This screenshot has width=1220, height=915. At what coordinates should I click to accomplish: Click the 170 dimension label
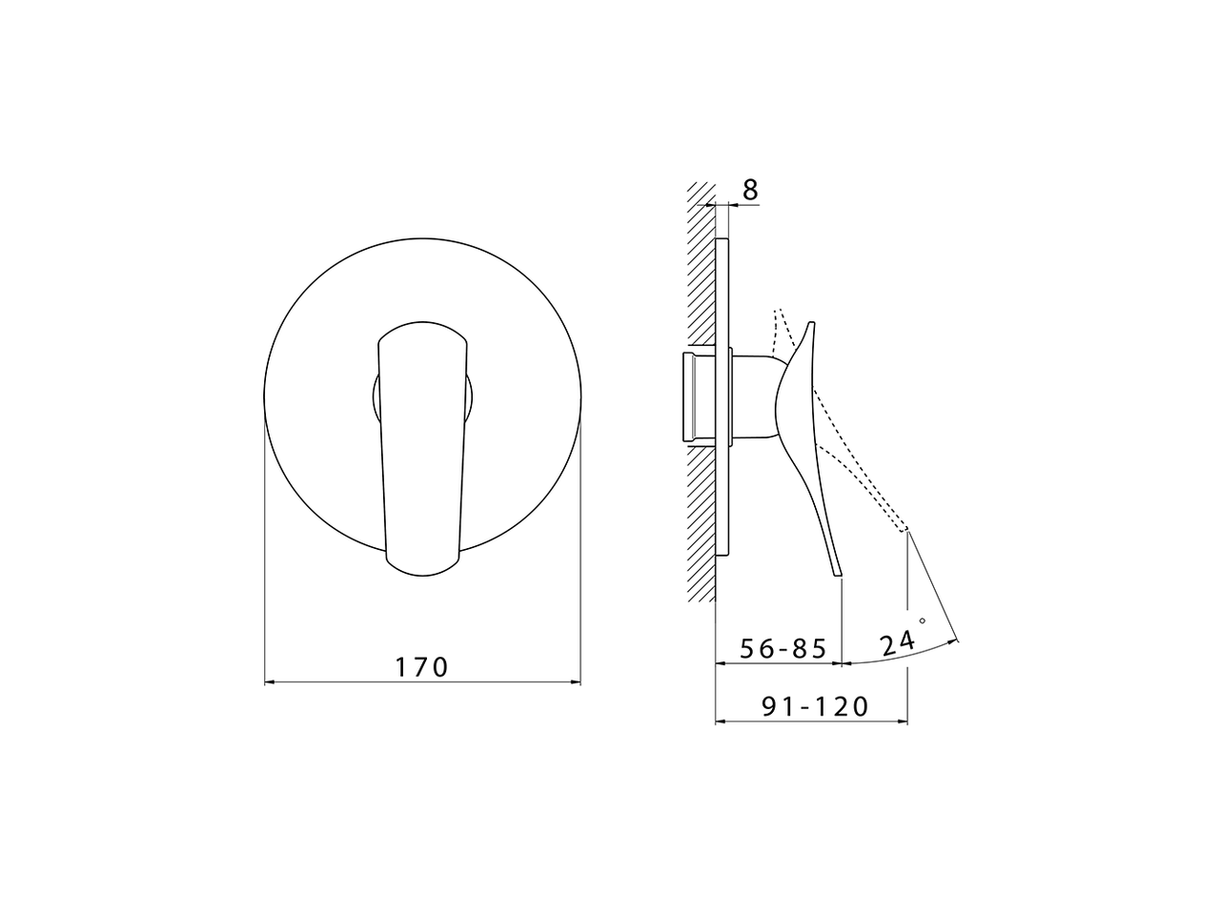pyautogui.click(x=421, y=666)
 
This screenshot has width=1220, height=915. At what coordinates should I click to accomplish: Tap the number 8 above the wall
pyautogui.click(x=750, y=190)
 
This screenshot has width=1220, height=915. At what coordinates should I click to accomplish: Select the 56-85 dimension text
pyautogui.click(x=783, y=648)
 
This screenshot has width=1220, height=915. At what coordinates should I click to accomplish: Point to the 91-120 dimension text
pyautogui.click(x=815, y=706)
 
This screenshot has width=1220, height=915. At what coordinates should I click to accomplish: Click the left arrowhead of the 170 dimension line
pyautogui.click(x=269, y=681)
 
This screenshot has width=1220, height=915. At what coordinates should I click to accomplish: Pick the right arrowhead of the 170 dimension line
pyautogui.click(x=575, y=681)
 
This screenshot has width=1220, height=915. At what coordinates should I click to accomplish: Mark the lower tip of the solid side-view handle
pyautogui.click(x=840, y=574)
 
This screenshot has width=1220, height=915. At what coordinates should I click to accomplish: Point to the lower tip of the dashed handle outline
pyautogui.click(x=905, y=528)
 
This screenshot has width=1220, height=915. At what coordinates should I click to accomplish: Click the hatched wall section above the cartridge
pyautogui.click(x=701, y=267)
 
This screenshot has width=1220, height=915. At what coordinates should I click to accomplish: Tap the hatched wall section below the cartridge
pyautogui.click(x=701, y=524)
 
